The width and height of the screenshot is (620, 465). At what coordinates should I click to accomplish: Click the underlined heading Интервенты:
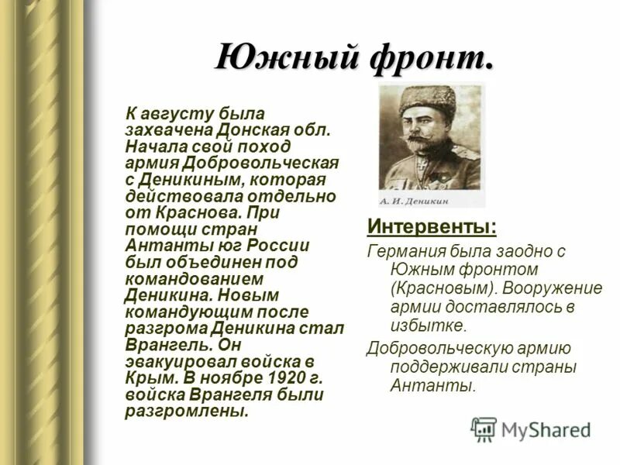tap(432, 228)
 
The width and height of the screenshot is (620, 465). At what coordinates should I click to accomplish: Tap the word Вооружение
tap(553, 288)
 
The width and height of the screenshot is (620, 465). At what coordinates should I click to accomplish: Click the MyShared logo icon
tap(484, 429)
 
